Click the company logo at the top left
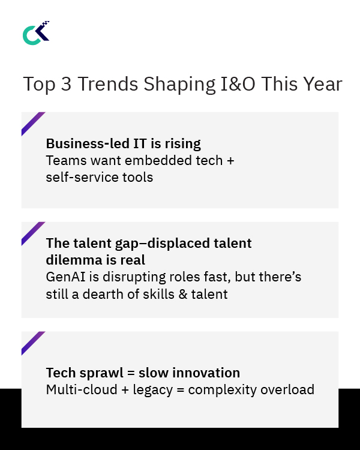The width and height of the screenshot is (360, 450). pos(35,33)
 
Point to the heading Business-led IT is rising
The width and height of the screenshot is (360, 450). pos(123,144)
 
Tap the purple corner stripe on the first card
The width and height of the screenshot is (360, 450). pos(33,123)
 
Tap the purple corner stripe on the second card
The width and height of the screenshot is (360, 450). pos(33,233)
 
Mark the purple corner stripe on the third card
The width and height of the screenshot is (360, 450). pos(33,343)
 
